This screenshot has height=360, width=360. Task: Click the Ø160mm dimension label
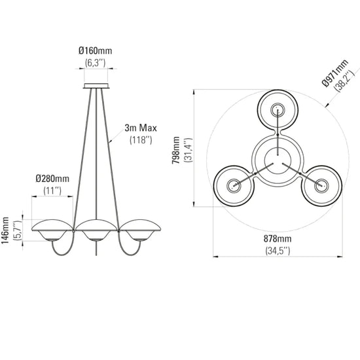[96, 50]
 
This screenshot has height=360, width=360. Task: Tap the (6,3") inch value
[96, 63]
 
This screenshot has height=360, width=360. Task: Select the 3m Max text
[141, 128]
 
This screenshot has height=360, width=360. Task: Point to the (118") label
[141, 140]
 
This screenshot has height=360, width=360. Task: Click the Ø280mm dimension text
[52, 179]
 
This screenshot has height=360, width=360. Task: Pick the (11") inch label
[52, 190]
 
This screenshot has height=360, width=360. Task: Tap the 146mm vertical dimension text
[5, 230]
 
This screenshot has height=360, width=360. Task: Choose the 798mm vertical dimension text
[176, 150]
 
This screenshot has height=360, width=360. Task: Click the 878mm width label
[278, 239]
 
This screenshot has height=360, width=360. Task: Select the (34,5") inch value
[278, 251]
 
